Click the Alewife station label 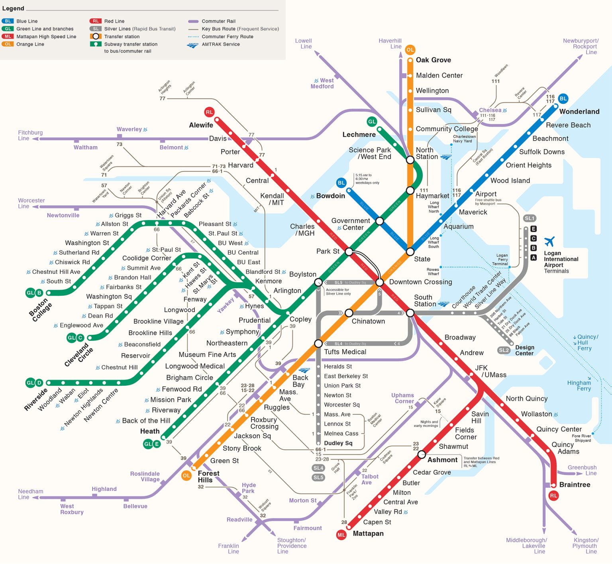point(201,125)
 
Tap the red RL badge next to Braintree point(553,496)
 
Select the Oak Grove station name point(433,60)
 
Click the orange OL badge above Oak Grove point(410,50)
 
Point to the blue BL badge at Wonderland point(563,98)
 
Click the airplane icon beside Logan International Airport point(549,242)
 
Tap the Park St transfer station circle point(349,252)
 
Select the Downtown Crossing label point(420,282)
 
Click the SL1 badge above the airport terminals point(530,218)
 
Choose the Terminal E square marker point(534,229)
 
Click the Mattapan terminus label point(368,534)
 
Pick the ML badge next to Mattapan point(341,535)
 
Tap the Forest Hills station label point(208,477)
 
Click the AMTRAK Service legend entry point(220,44)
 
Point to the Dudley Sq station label point(338,443)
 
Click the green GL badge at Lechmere point(372,122)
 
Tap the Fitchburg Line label point(30,136)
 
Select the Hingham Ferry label point(579,385)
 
